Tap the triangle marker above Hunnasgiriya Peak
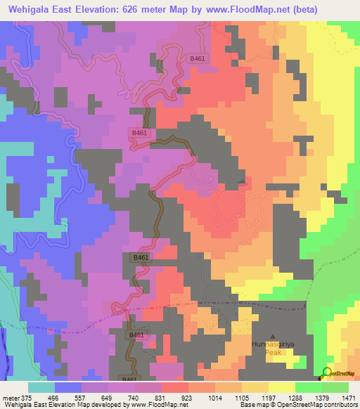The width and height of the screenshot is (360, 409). tap(274, 336)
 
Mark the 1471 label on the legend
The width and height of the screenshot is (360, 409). tap(349, 398)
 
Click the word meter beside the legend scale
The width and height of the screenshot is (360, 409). tap(11, 398)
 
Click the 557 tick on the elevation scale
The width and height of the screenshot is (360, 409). tap(82, 398)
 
